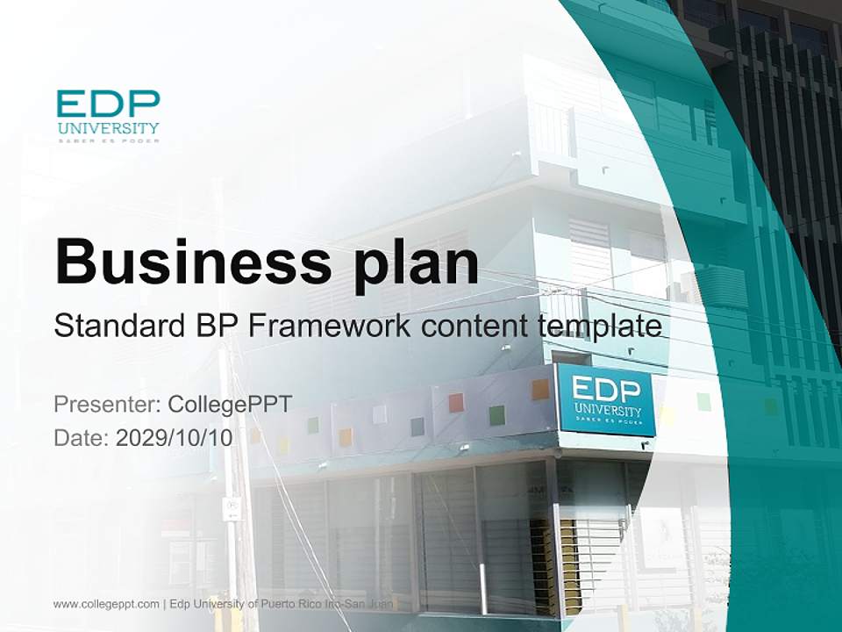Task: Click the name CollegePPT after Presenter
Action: coord(230,405)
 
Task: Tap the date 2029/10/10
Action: coord(175,438)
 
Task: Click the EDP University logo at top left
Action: coord(109,115)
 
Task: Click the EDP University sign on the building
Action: coord(606,401)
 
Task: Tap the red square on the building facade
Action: coord(456,403)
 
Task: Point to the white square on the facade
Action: coord(380,414)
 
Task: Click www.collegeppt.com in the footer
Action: coord(106,604)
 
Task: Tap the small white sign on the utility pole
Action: coord(232,508)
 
